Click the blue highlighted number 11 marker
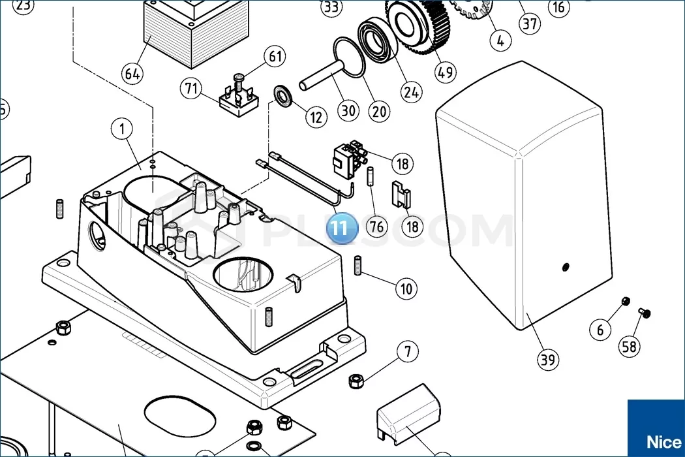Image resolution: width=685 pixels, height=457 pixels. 342,228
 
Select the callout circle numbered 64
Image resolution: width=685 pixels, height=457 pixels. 132,74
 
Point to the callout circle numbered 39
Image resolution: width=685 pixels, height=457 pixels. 549,359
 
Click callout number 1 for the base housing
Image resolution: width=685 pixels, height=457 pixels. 121,129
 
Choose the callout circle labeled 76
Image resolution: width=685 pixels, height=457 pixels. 376,227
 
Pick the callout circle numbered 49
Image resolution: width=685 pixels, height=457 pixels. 446,72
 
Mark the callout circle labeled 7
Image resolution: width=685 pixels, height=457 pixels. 408,352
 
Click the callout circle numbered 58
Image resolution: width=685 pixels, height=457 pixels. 630,347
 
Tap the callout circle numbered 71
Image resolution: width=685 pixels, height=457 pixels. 191,89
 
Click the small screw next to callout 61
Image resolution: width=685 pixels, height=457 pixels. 239,81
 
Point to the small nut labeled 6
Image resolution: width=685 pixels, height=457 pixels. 624,302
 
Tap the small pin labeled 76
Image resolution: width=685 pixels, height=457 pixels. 369,177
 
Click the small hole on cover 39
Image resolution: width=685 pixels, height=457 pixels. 565,266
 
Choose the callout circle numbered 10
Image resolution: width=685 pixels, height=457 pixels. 407,289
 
